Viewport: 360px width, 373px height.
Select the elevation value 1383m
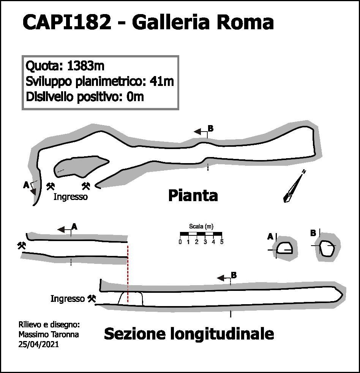click(85, 66)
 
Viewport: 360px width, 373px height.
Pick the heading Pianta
click(193, 196)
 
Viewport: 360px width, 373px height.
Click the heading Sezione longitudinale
click(189, 334)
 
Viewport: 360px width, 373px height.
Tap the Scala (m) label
click(201, 226)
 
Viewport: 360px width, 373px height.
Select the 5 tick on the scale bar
click(222, 242)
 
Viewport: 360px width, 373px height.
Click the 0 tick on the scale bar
click(180, 242)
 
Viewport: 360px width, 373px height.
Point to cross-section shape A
click(285, 249)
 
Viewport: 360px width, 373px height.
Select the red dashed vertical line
click(128, 274)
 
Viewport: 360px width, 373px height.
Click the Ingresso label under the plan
click(71, 197)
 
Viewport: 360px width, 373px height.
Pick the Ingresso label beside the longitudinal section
click(68, 299)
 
